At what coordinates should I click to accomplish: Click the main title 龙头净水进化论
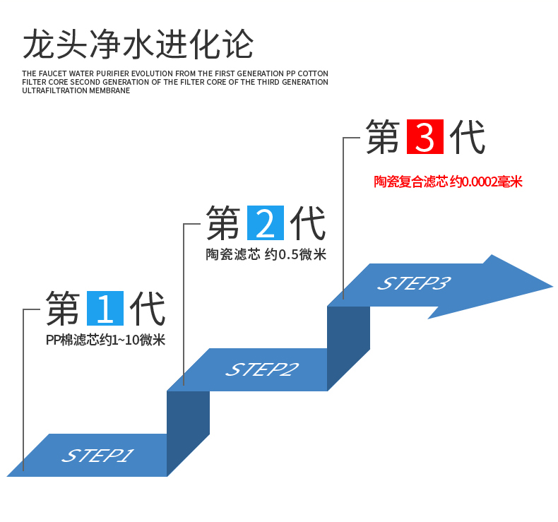[x=138, y=44]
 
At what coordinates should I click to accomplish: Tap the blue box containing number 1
[x=105, y=309]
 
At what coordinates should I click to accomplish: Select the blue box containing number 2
[x=265, y=223]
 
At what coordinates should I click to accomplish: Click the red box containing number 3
[x=425, y=137]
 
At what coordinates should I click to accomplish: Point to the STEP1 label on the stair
[x=98, y=456]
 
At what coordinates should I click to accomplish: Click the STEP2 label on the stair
[x=262, y=369]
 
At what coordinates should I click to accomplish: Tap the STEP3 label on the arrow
[x=414, y=284]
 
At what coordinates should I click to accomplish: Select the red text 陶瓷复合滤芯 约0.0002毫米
[x=448, y=182]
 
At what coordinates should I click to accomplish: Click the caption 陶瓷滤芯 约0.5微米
[x=266, y=255]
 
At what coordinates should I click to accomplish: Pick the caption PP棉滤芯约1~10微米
[x=105, y=340]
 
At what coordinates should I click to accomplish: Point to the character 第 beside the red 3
[x=383, y=137]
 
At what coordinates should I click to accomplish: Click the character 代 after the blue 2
[x=308, y=223]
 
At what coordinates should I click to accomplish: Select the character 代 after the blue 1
[x=148, y=309]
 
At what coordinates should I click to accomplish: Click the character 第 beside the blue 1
[x=63, y=309]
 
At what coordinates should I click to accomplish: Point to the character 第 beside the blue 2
[x=223, y=223]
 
